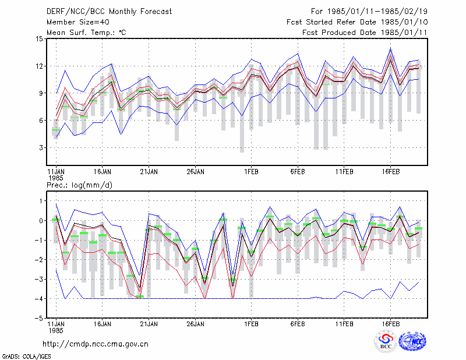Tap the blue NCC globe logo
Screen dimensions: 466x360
(x=412, y=341)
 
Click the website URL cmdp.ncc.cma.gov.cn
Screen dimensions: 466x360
(x=96, y=344)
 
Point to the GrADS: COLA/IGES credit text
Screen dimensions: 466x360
(x=26, y=357)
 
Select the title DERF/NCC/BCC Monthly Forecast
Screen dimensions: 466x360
(x=109, y=12)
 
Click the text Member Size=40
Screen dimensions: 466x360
(x=78, y=22)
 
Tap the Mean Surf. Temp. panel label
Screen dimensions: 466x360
(x=86, y=33)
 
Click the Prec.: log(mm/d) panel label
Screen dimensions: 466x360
(x=79, y=185)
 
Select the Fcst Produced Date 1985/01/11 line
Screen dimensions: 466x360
(x=365, y=33)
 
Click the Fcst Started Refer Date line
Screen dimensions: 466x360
(x=357, y=22)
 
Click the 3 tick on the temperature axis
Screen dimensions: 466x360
(x=41, y=148)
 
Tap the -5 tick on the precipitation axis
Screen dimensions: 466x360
(x=39, y=318)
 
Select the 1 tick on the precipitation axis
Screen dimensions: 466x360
(x=41, y=201)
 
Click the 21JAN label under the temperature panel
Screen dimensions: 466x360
(x=149, y=172)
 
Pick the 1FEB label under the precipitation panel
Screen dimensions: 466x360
(x=252, y=324)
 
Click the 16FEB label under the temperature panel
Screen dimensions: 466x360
(x=391, y=172)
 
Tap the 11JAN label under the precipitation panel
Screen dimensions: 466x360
(x=56, y=324)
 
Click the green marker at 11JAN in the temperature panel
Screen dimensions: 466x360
(x=56, y=130)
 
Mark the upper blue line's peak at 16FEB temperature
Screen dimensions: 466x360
(x=390, y=48)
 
